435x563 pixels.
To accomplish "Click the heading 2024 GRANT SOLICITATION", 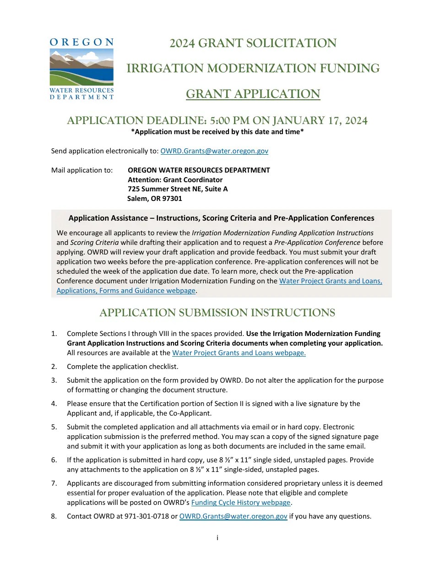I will pos(253,43).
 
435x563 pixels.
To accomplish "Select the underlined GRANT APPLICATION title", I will pos(253,94).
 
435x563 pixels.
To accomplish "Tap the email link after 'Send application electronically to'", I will pos(214,151).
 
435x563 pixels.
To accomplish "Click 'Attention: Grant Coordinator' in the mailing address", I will pos(175,179).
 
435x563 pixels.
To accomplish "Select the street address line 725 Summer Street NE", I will pos(177,189).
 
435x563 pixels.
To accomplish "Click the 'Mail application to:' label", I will pos(82,170).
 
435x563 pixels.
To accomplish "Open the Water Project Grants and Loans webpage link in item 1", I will pos(239,353).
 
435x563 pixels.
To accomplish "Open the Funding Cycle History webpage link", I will pos(241,503).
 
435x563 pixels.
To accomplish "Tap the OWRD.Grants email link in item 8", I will pos(233,516).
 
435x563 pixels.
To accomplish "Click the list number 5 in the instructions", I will pos(54,427).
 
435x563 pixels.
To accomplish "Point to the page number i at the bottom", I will pos(217,538).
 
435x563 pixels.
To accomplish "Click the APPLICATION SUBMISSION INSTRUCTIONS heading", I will pos(217,313).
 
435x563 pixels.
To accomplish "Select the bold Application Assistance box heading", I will pos(221,218).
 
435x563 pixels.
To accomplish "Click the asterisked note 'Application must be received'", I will pos(217,132).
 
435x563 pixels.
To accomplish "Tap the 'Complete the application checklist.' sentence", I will pos(122,366).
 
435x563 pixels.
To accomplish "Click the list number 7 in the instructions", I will pos(54,483).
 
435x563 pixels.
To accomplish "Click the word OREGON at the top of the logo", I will pos(82,42).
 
